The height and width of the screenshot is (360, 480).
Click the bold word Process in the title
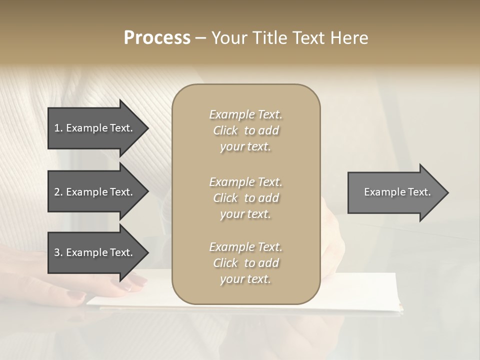[157, 38]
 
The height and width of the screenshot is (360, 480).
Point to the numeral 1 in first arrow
[56, 128]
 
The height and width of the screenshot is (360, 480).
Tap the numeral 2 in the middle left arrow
[57, 192]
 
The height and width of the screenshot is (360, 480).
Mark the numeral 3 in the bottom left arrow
[57, 252]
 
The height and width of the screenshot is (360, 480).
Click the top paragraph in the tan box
[245, 130]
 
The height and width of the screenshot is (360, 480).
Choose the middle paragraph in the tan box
[245, 198]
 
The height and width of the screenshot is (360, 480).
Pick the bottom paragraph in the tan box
[245, 263]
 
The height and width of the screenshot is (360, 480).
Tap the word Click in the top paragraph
[225, 130]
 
